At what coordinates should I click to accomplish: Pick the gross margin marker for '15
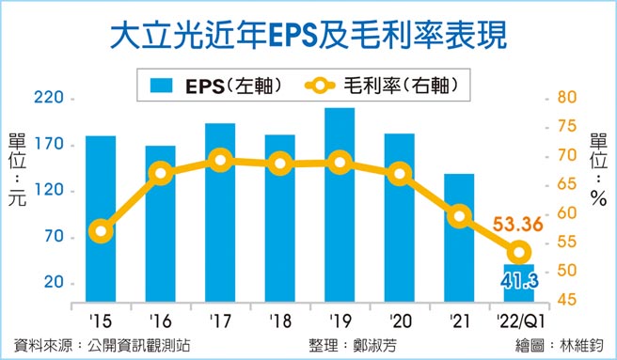[103, 230]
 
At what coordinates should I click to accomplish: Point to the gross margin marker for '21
[459, 216]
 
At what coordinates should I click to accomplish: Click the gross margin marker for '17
[220, 161]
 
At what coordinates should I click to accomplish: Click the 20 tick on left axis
[51, 283]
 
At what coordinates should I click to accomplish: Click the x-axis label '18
[279, 321]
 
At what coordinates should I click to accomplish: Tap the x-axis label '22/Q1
[518, 321]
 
